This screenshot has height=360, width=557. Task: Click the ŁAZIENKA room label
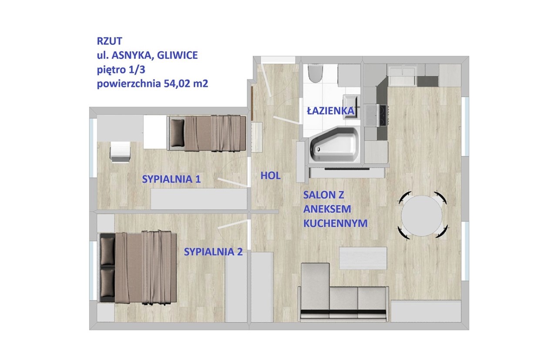tap(330, 111)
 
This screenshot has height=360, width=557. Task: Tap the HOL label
tap(270, 175)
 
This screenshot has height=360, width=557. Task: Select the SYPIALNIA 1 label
tap(171, 179)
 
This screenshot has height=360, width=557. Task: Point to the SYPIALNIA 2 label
tap(213, 252)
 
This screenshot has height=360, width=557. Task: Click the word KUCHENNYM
tap(335, 223)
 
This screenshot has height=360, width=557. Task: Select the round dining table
tap(422, 215)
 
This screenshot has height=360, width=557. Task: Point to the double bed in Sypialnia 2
tap(138, 268)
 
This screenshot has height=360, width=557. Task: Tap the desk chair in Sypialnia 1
tap(121, 152)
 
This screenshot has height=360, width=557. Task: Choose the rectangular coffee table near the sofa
tap(363, 258)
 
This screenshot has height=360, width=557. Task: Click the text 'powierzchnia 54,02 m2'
tap(152, 84)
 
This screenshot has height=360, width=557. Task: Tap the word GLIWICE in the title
tap(177, 55)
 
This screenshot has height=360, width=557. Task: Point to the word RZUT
tap(109, 41)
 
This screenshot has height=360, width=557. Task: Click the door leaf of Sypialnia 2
tap(233, 224)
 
